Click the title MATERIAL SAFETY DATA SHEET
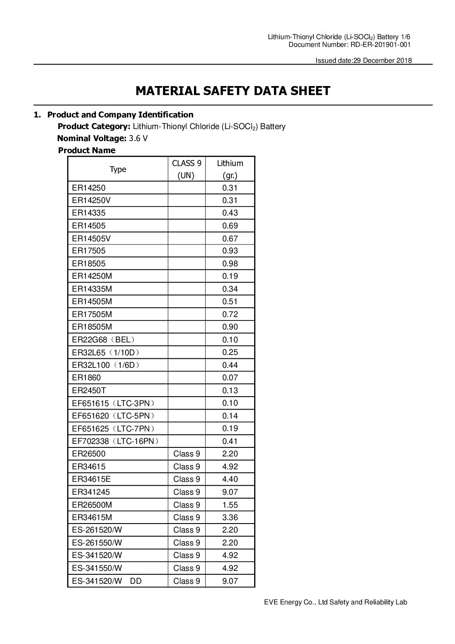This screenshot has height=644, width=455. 233,91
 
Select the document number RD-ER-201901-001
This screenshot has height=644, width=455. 379,44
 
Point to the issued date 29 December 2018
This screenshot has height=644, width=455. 383,60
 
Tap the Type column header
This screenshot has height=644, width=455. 118,169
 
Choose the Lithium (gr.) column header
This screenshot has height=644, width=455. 230,169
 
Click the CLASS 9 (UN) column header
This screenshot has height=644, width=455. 187,169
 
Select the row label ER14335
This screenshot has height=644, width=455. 89,213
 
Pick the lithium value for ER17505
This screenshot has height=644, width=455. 230,251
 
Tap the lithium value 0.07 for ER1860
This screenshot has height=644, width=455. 230,378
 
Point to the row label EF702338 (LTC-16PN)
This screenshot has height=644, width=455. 116,441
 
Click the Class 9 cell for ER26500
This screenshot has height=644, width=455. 187,454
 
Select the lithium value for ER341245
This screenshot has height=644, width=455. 230,492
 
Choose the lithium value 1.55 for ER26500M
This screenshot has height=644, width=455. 230,505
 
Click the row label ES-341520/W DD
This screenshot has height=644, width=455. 107,581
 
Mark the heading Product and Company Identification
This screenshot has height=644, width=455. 120,114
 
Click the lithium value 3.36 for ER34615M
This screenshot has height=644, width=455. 230,518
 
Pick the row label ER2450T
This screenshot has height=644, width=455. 89,391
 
